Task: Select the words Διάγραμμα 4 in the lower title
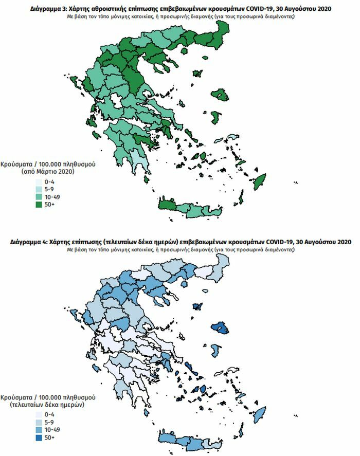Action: (x=32, y=242)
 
